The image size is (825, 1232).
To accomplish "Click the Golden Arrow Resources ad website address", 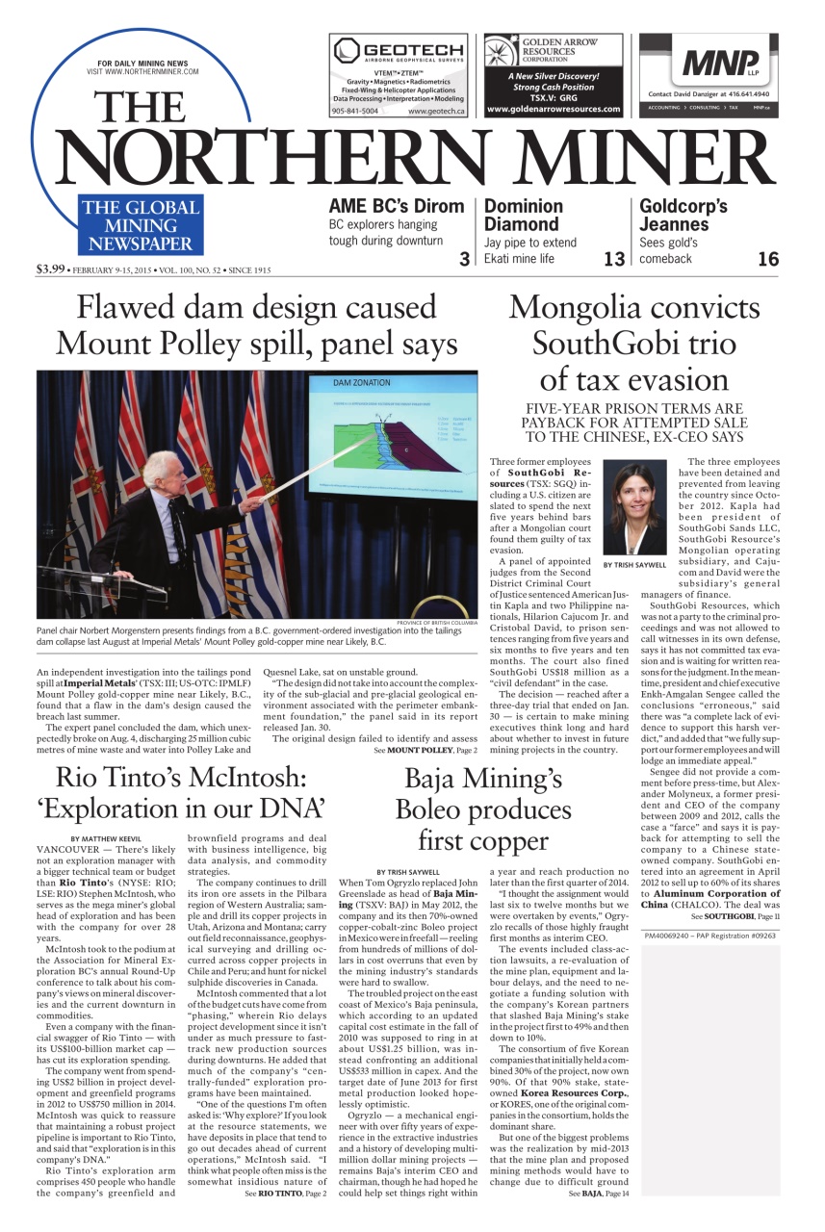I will [x=554, y=110].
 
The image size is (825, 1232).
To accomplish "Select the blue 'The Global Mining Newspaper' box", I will [x=141, y=225].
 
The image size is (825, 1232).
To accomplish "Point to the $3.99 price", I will [x=50, y=269].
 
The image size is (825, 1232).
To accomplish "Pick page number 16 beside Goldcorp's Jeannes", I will [x=768, y=259].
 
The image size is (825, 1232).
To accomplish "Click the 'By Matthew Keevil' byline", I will [x=105, y=838].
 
